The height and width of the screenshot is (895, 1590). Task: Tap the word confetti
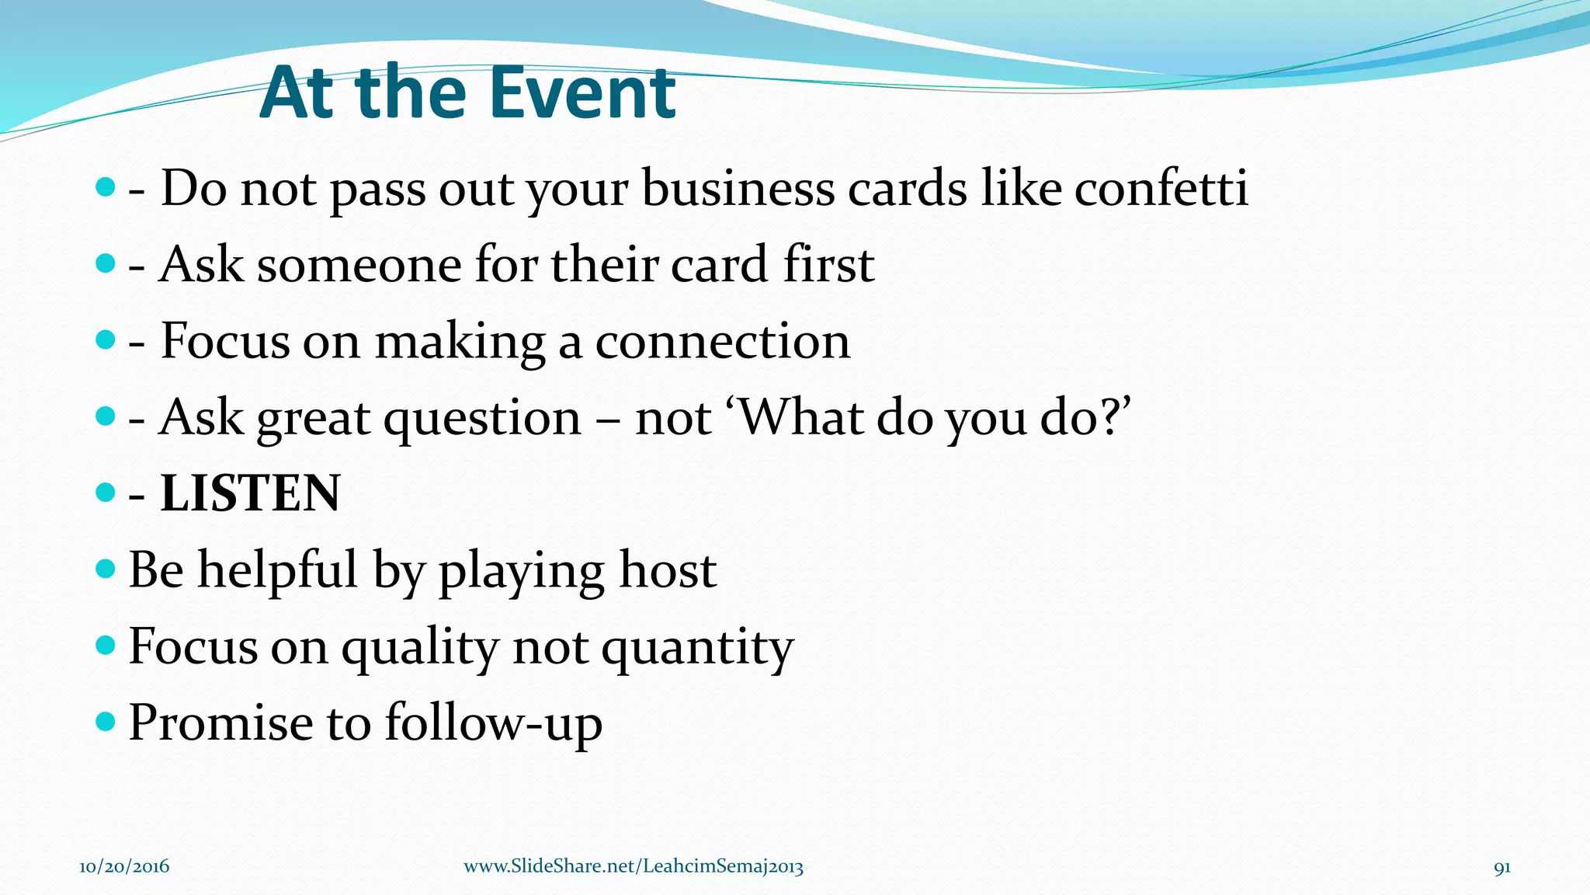1161,188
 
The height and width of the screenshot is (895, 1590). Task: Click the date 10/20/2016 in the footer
124,867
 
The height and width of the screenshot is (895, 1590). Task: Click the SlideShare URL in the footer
634,867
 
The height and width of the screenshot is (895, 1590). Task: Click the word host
668,570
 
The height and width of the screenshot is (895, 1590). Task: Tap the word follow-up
494,724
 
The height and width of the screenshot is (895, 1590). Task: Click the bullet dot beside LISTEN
105,492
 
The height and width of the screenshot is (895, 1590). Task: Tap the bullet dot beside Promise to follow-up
105,722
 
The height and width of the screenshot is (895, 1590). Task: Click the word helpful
278,570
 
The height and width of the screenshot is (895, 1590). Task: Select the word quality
420,648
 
